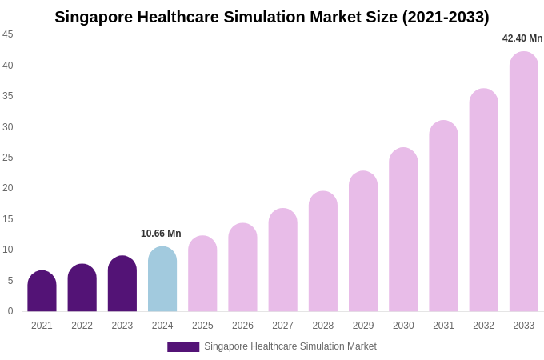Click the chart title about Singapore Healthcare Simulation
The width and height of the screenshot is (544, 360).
(271, 17)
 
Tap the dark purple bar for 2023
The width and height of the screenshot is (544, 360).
(122, 284)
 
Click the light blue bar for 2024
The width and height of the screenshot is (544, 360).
(162, 279)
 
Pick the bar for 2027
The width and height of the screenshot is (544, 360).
(282, 260)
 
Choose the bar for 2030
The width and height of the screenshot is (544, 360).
(403, 230)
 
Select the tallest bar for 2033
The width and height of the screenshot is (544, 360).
(524, 182)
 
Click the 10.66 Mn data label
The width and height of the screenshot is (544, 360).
(161, 234)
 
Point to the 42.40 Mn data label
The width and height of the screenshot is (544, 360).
(522, 38)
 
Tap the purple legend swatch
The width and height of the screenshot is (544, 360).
(183, 347)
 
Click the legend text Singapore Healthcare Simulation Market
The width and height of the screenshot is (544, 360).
(290, 346)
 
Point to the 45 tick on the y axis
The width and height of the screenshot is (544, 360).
(8, 34)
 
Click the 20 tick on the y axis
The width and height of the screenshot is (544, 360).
(8, 188)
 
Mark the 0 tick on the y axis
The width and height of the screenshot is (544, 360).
(10, 311)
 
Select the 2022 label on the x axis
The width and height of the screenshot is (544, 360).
(82, 326)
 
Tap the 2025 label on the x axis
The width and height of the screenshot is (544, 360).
(202, 326)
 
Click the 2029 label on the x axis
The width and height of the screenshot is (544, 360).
(363, 326)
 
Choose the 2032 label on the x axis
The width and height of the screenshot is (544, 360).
(483, 326)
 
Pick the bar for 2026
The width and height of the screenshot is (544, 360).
(242, 267)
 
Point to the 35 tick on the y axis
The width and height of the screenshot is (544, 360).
(8, 96)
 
